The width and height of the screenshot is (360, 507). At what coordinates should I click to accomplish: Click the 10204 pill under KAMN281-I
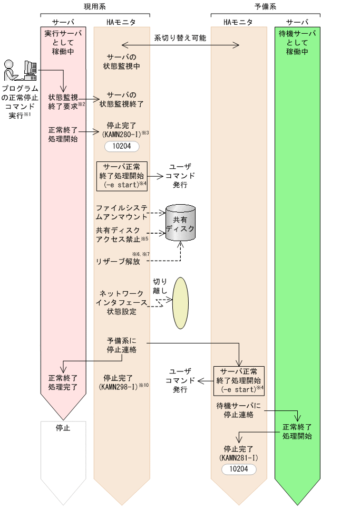tap(239, 468)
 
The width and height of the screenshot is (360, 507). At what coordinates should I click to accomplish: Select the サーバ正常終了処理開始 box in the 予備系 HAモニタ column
tap(239, 380)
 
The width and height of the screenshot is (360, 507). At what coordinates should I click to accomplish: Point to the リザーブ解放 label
tap(118, 262)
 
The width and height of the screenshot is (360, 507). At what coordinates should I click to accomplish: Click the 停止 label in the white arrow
tap(63, 428)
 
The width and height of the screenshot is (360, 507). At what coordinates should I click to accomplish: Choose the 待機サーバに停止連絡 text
tap(239, 410)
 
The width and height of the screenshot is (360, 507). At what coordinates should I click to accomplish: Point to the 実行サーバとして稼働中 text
tap(63, 43)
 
